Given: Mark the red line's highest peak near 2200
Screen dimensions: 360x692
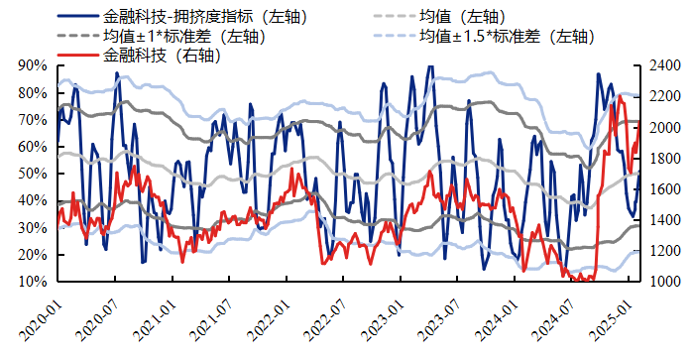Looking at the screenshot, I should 621,96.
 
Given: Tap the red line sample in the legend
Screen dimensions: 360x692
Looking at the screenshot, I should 78,56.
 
